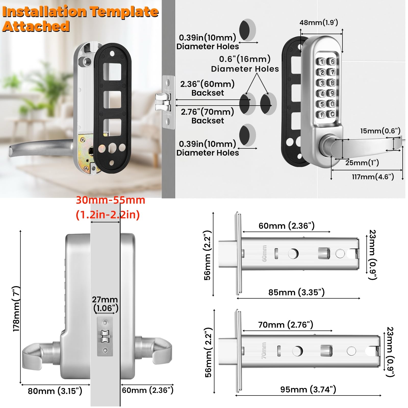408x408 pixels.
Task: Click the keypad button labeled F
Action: click(322, 114)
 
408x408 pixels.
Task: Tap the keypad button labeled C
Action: click(332, 114)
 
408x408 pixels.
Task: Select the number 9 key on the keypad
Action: click(332, 93)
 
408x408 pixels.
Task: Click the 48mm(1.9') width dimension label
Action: click(319, 23)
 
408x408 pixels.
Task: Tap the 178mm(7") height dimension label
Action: click(16, 309)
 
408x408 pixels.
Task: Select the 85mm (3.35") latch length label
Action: click(296, 292)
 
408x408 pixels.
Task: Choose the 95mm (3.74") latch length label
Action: click(308, 389)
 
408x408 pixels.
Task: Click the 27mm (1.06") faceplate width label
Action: click(105, 304)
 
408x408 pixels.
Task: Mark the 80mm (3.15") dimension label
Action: click(55, 391)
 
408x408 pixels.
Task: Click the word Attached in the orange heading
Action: click(36, 27)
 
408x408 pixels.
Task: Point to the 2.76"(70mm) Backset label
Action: click(208, 116)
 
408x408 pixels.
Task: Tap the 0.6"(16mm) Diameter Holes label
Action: click(245, 64)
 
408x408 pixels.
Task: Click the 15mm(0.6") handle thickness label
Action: click(380, 131)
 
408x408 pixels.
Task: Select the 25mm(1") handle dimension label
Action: click(362, 163)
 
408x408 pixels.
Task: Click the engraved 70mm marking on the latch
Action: click(264, 351)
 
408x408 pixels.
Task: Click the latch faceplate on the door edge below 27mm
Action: click(105, 336)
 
